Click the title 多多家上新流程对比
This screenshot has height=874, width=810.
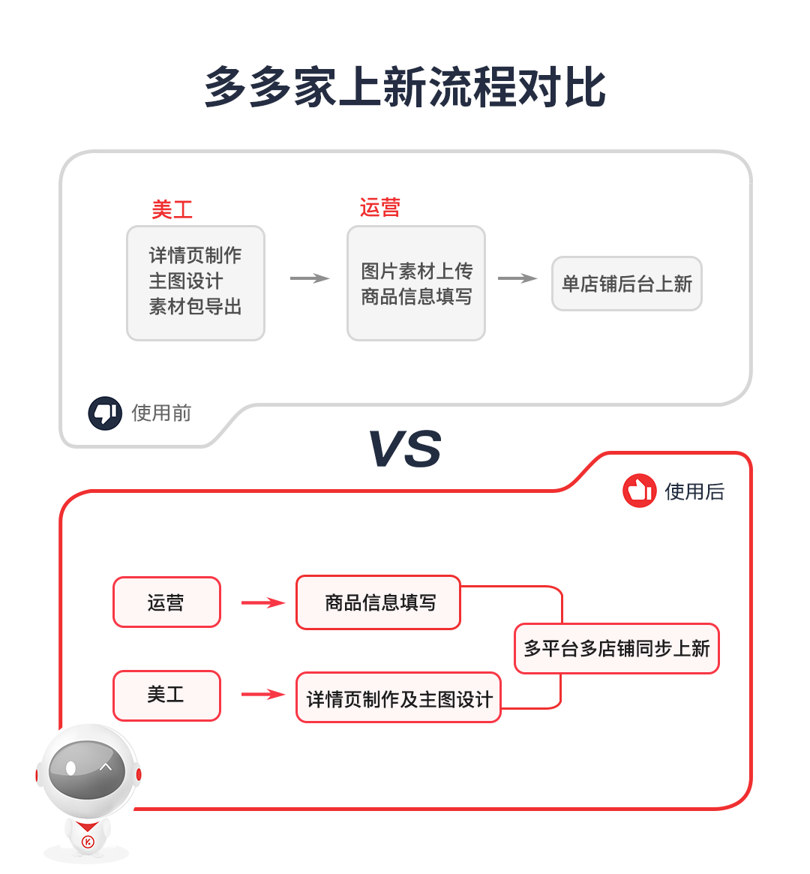tap(405, 87)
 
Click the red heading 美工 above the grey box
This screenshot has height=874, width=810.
tap(172, 209)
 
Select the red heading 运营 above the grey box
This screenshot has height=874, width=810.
tap(379, 207)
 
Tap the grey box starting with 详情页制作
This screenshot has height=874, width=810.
tap(196, 283)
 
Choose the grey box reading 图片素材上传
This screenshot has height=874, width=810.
tap(416, 283)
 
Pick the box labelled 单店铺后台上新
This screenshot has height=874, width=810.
tap(627, 284)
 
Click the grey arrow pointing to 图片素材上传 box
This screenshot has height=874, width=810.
tap(309, 278)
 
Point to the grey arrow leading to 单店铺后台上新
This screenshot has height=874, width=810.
tap(517, 278)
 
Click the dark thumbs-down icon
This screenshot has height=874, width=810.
tap(105, 413)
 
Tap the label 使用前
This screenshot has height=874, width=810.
tap(161, 413)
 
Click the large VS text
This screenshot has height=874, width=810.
tap(405, 449)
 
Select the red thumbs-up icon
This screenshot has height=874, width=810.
tap(639, 491)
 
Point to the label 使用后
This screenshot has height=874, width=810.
tap(694, 491)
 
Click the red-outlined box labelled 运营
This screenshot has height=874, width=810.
tap(166, 602)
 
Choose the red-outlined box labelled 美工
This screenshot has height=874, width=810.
tap(166, 695)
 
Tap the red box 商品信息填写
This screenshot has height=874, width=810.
tap(379, 602)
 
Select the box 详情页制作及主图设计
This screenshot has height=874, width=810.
tap(398, 698)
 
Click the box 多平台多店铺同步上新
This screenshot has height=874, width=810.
tap(616, 648)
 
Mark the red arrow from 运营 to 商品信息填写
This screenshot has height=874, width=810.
tap(262, 602)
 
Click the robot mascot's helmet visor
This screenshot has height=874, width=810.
tap(87, 769)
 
